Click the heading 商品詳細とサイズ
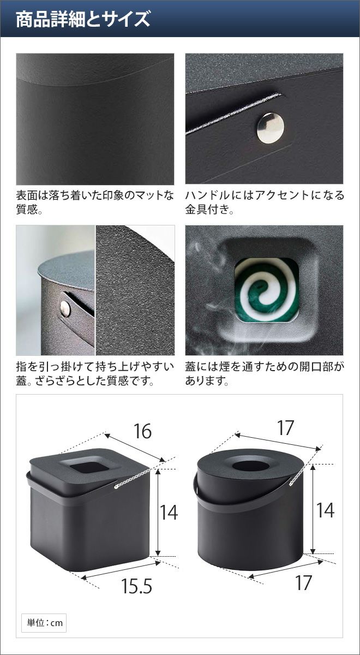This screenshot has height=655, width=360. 83,19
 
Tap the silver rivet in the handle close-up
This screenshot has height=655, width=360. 271,128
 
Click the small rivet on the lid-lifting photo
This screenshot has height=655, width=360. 65,308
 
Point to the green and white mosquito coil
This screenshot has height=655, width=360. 267,290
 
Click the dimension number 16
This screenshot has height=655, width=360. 142,431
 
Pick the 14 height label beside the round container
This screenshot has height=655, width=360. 325,510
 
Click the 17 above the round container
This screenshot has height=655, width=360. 285,428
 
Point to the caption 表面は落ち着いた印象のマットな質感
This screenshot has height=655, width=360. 95,202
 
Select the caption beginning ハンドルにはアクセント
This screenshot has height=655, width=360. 265,202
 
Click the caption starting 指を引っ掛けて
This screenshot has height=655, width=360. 95,373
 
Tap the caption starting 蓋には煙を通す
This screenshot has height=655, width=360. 265,373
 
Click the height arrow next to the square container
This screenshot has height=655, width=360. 158,513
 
